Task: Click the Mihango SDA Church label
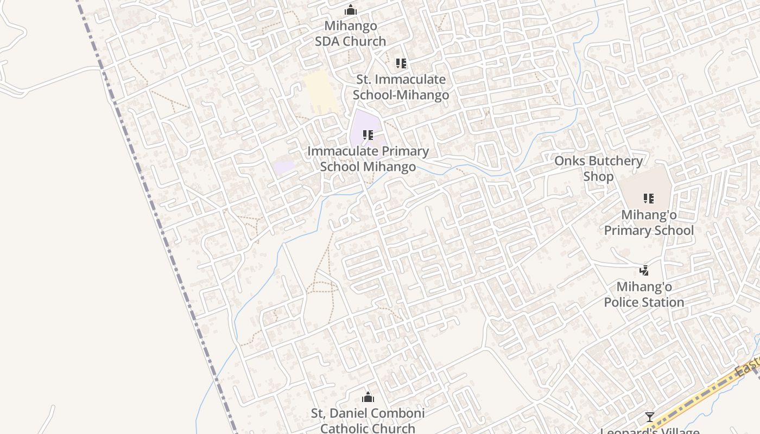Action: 350,33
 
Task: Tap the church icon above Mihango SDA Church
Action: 351,10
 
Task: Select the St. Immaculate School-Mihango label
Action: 401,87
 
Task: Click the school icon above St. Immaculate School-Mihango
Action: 401,63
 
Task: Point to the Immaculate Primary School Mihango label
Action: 368,158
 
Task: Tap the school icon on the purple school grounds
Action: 368,135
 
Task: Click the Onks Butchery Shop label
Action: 598,168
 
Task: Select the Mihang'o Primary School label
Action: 649,222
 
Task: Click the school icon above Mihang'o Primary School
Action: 649,198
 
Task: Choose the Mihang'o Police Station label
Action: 644,294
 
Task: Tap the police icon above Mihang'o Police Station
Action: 644,270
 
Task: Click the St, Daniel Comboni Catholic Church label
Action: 368,420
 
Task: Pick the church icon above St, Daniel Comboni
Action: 368,397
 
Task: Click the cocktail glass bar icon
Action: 649,417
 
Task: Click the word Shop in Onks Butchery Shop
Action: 598,176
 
